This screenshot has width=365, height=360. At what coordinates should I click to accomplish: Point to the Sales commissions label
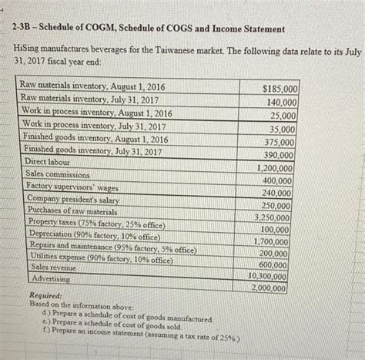(57, 174)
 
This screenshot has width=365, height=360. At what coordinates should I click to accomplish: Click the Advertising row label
(49, 278)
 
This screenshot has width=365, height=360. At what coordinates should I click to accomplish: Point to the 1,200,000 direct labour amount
(276, 168)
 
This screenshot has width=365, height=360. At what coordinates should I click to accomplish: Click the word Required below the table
(46, 295)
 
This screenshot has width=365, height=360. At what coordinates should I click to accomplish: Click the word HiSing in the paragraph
(29, 48)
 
